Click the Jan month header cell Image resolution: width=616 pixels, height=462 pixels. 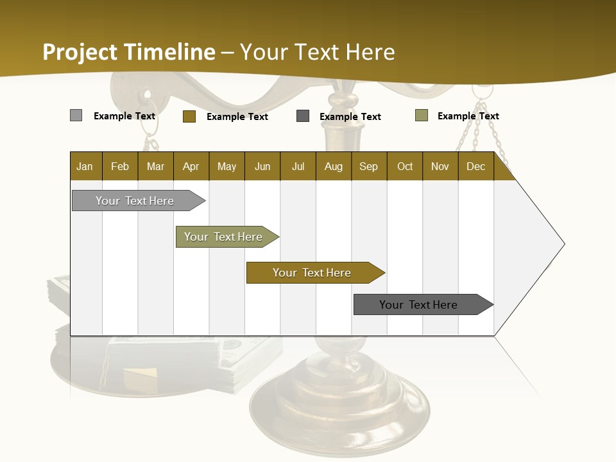pos(85,166)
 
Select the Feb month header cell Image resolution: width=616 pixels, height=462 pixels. pos(120,166)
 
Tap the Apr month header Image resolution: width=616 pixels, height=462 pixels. pos(191,166)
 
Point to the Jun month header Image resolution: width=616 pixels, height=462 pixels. pos(262,166)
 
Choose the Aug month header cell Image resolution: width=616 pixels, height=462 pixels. pos(334,166)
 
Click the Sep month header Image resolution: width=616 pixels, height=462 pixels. pos(369,166)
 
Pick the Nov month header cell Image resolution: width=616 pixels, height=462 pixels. pos(440,166)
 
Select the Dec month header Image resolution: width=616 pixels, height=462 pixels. pos(476,166)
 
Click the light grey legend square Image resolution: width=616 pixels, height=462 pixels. pos(76,116)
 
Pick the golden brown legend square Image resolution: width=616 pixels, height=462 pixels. pos(189,116)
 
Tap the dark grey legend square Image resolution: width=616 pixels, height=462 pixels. pos(303,116)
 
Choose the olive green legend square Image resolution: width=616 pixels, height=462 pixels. pos(422,116)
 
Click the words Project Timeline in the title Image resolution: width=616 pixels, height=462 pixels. pos(129,52)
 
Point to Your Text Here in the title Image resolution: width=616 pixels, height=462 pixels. pos(318,52)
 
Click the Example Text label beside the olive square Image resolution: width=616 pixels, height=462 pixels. pos(468,116)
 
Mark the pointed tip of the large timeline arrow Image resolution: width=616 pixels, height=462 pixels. pos(563,244)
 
